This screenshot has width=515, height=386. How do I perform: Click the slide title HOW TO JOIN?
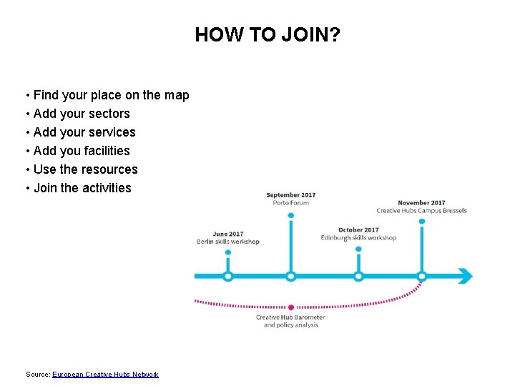point(268,34)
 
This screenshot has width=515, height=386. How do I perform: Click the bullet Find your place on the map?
point(111,95)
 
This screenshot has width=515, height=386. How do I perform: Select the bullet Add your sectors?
point(82,114)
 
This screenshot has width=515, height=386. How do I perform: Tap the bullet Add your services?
point(84,132)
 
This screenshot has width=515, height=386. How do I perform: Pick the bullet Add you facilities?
point(82,151)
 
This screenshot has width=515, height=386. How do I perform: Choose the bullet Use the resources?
point(85,169)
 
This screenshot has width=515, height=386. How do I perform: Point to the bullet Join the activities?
point(82,188)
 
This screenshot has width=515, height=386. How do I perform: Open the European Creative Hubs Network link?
point(105,375)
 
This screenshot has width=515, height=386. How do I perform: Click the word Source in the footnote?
point(37,375)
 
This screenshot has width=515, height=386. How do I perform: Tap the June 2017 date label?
point(227,234)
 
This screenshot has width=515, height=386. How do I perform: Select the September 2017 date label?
point(290,195)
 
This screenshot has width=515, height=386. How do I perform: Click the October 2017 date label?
point(358,230)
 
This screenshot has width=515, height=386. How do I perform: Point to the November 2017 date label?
point(421,203)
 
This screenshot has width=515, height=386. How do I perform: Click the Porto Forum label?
point(290,203)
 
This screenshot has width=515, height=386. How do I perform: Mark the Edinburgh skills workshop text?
point(358,238)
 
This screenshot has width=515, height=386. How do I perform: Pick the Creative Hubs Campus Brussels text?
point(421,211)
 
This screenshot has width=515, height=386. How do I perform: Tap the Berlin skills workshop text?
point(227,242)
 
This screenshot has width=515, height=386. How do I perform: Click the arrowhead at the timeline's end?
point(465,276)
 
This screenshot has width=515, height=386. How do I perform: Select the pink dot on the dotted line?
point(290,307)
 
